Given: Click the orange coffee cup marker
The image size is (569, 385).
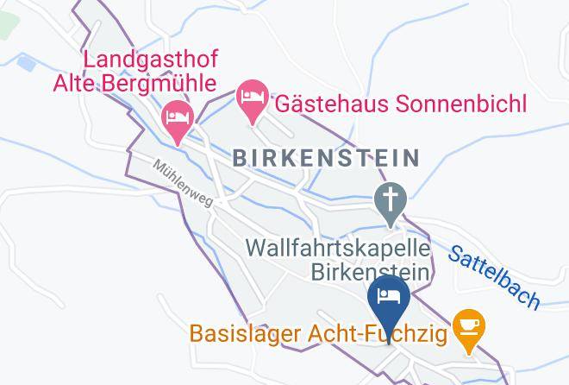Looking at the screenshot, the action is tap(469, 328).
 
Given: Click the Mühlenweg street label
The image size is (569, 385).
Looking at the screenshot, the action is tap(182, 182).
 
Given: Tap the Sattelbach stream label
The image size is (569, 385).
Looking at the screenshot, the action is tap(494, 276).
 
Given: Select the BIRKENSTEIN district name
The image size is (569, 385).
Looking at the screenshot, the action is tap(326, 158).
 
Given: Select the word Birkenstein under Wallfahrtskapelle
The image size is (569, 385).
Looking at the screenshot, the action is tap(370, 273).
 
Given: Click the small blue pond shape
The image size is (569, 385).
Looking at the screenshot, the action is tap(26, 63).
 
